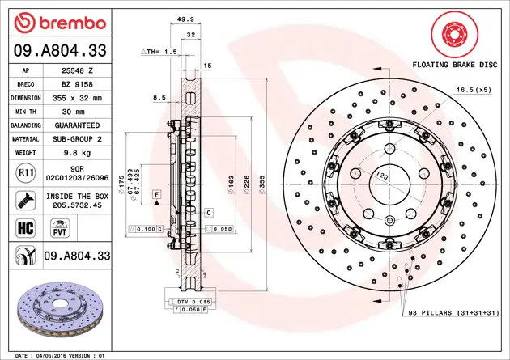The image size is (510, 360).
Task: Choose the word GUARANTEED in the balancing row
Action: [77, 125]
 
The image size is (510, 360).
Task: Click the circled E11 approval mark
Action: [23, 173]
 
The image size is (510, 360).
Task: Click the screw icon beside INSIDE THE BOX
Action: [23, 200]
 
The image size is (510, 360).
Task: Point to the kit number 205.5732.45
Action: [77, 205]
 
